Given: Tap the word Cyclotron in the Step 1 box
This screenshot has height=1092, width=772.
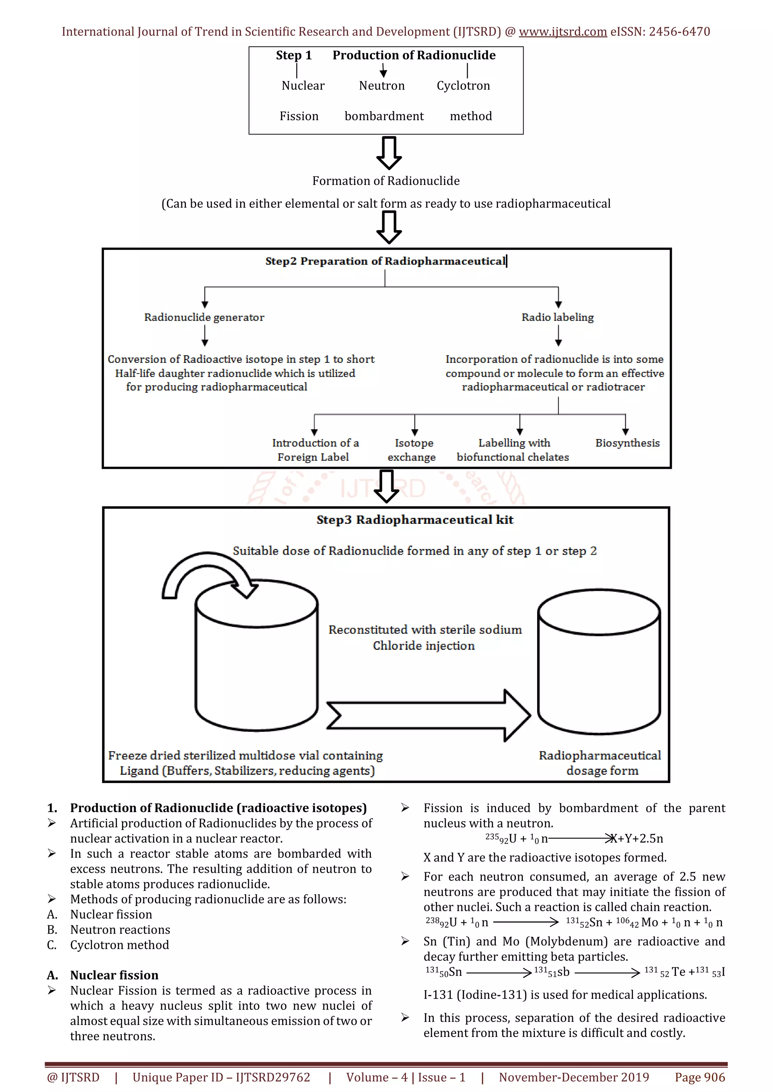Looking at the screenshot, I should pyautogui.click(x=463, y=86).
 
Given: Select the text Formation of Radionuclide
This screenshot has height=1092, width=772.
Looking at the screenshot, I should pyautogui.click(x=386, y=181).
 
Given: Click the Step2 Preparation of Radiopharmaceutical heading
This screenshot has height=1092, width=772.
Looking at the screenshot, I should pyautogui.click(x=385, y=261).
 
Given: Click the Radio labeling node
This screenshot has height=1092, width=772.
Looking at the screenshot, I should pyautogui.click(x=558, y=317).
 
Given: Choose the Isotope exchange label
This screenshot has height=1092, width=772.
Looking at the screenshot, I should pyautogui.click(x=412, y=450).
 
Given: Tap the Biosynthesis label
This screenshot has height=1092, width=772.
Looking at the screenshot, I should pyautogui.click(x=627, y=443).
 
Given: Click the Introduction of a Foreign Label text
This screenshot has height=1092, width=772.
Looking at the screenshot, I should pyautogui.click(x=315, y=450).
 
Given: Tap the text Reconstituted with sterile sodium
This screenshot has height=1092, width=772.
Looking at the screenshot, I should pyautogui.click(x=425, y=630).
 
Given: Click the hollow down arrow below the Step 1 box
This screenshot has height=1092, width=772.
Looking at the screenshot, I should pyautogui.click(x=389, y=153).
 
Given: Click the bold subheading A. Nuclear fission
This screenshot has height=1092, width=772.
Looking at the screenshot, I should pyautogui.click(x=114, y=975).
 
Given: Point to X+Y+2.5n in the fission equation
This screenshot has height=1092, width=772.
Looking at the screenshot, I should pyautogui.click(x=637, y=838).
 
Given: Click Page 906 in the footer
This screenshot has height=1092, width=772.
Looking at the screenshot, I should pyautogui.click(x=699, y=1077).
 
